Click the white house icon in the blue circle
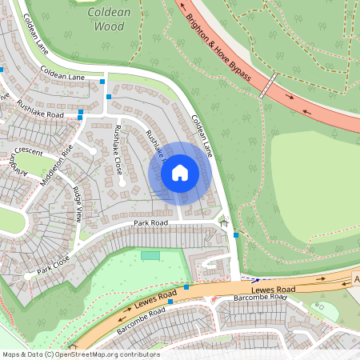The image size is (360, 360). tap(180, 172)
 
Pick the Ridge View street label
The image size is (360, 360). tap(78, 203)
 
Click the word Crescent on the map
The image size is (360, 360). tap(27, 150)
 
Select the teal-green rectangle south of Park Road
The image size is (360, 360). tap(150, 255)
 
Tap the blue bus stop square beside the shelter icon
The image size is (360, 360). tap(235, 235)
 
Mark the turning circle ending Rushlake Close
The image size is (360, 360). tap(122, 182)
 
